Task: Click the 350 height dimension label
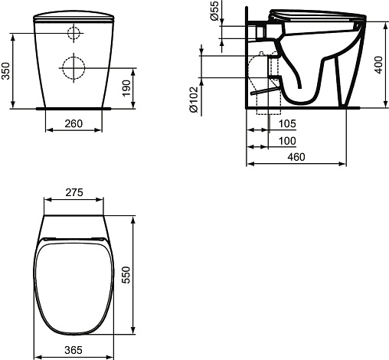click(x=5, y=71)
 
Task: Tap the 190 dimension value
click(x=126, y=88)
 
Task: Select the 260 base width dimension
click(x=74, y=123)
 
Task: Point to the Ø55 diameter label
click(x=214, y=11)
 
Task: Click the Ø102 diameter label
click(x=194, y=100)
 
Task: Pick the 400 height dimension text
click(x=379, y=65)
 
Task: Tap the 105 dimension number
click(x=287, y=123)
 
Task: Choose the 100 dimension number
click(x=287, y=141)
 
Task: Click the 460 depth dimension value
click(x=296, y=157)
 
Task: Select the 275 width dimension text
click(x=74, y=192)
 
